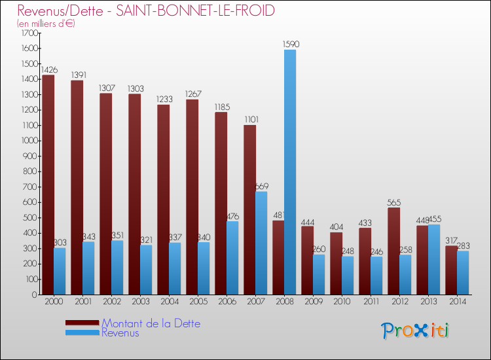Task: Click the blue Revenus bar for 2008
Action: coord(290,172)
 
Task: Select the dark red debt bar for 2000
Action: coord(48,185)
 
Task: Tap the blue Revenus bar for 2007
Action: coord(261,243)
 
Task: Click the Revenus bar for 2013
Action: coord(434,259)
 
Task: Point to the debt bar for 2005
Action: coord(192,197)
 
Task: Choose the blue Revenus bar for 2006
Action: coord(232,258)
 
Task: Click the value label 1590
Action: coord(291,45)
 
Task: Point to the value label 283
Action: coord(462,245)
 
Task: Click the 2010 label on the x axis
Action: coord(341,302)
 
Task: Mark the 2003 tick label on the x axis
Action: coord(139,302)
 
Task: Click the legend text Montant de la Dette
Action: coord(151,323)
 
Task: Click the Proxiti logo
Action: coord(416,330)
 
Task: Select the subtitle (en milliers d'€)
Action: coord(46,24)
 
